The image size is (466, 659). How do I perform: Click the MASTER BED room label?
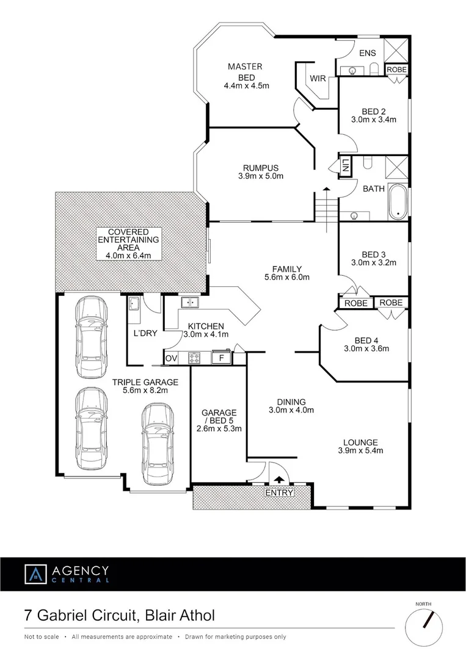tap(246, 71)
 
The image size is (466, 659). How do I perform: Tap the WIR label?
tap(318, 78)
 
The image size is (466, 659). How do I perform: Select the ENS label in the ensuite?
tap(367, 53)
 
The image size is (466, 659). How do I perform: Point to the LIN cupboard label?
tap(346, 165)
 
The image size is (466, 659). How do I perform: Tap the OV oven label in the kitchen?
tap(170, 358)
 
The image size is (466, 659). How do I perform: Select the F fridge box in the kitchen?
tap(221, 358)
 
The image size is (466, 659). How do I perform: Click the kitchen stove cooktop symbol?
tap(195, 358)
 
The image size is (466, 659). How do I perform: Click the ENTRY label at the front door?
tap(279, 493)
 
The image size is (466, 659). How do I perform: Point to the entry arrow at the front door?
tap(279, 480)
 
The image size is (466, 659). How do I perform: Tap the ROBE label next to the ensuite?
tap(396, 70)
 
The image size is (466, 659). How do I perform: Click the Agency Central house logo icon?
tap(35, 574)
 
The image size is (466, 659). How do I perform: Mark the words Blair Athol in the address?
tap(180, 615)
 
